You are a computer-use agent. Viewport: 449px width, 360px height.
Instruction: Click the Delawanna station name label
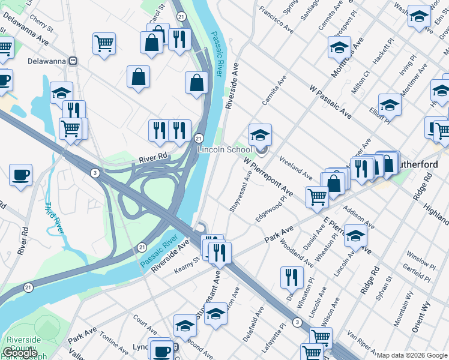point(47,61)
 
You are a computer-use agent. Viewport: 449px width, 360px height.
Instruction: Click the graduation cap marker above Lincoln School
point(260,134)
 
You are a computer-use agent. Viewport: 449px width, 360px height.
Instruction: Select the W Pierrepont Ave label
point(268,177)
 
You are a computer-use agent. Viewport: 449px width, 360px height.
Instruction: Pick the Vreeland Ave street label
point(295,167)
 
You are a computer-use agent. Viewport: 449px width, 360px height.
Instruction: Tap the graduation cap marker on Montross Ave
point(339,47)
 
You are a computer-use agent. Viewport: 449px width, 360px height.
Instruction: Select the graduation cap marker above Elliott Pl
point(390,104)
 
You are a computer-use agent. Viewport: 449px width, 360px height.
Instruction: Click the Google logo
point(20,353)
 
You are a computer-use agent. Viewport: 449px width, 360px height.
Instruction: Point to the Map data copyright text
point(412,355)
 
